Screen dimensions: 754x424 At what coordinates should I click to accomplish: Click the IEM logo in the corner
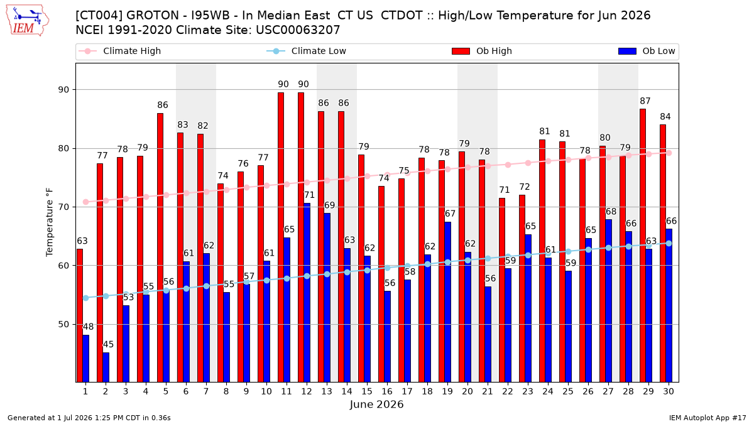(x=27, y=21)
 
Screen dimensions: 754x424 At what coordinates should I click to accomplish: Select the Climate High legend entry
(x=120, y=51)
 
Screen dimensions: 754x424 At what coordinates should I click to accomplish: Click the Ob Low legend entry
(x=647, y=51)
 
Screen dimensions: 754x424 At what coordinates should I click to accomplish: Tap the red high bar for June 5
(x=160, y=247)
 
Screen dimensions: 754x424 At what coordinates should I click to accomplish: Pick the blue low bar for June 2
(x=106, y=367)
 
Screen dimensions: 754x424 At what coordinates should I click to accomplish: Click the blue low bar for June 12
(x=307, y=293)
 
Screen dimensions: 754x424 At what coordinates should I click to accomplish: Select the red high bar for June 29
(x=643, y=246)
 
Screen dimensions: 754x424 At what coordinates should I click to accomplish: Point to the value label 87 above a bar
(x=645, y=101)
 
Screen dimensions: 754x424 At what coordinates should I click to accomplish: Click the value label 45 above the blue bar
(x=108, y=345)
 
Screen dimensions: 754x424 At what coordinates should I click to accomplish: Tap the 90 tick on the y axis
(x=63, y=90)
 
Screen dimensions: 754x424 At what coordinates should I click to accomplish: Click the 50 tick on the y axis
(x=63, y=324)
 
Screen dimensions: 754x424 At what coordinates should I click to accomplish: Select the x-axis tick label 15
(x=367, y=392)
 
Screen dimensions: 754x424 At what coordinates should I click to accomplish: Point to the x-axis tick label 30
(x=669, y=392)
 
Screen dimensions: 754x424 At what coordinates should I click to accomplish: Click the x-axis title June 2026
(x=376, y=405)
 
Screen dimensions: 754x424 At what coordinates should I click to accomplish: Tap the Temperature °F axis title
(x=50, y=222)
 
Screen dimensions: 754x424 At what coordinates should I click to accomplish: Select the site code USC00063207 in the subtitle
(x=298, y=30)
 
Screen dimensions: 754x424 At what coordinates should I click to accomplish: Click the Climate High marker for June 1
(x=86, y=202)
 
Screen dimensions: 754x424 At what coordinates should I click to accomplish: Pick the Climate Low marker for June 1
(x=86, y=298)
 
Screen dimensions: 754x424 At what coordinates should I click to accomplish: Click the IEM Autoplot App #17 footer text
(x=708, y=418)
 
